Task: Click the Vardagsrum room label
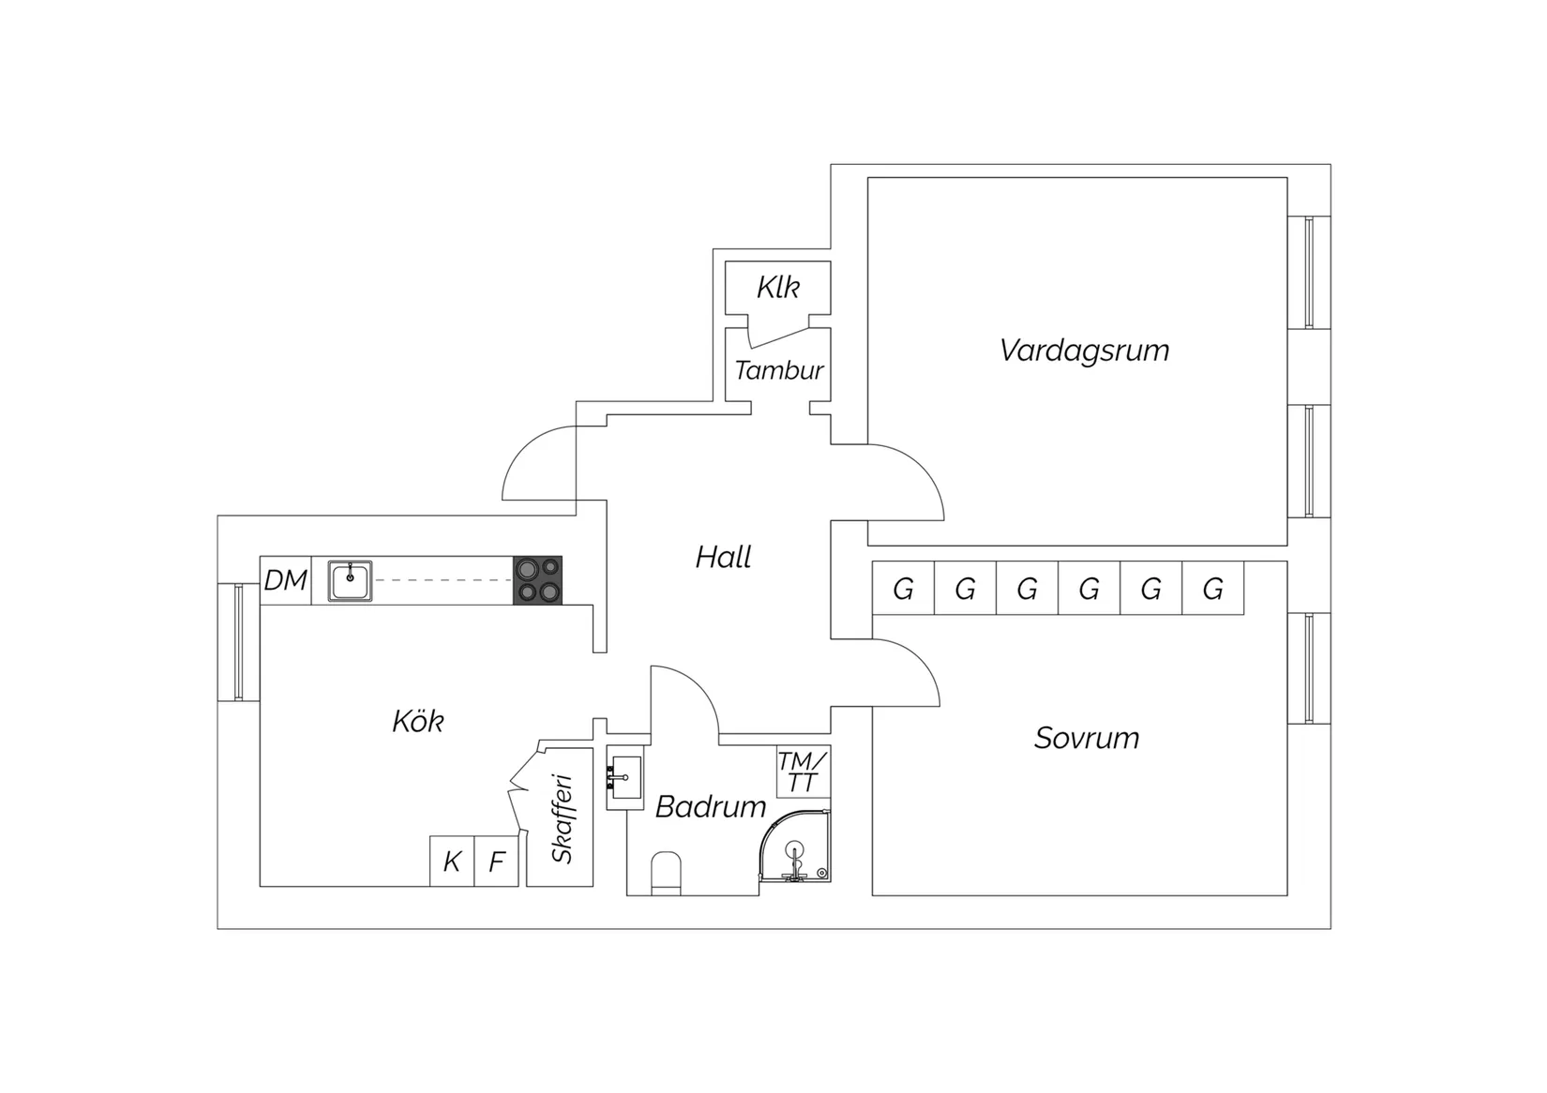tap(1084, 351)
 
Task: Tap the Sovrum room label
tap(1087, 738)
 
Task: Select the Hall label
tap(723, 557)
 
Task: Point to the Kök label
tap(418, 721)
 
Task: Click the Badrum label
tap(711, 806)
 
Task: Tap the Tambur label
tap(779, 371)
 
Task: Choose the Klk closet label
tap(778, 287)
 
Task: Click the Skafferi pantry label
tap(563, 819)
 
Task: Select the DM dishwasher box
tap(285, 580)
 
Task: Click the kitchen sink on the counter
tap(350, 580)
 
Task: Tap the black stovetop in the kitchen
tap(537, 580)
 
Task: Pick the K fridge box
tap(452, 861)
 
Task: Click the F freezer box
tap(497, 861)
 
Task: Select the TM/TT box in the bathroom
tap(804, 771)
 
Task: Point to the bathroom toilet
tap(666, 874)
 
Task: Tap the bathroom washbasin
tap(625, 777)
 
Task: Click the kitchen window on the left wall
tap(238, 642)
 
